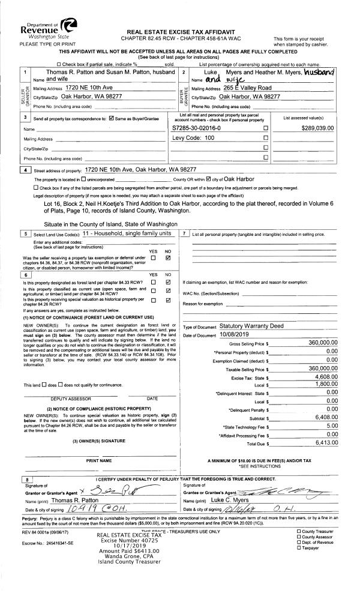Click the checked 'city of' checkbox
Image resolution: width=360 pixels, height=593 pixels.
(x=209, y=179)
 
